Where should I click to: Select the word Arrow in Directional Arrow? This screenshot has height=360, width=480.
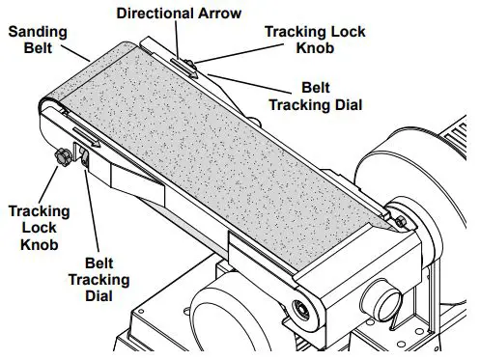click(x=215, y=13)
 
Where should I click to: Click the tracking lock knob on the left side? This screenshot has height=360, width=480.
click(x=59, y=154)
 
